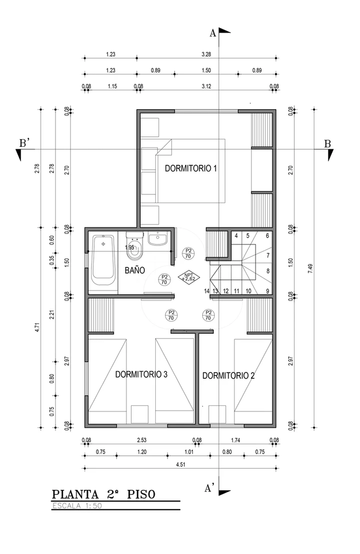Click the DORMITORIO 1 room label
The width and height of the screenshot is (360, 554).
(x=191, y=168)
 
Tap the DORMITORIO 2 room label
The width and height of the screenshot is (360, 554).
(x=228, y=376)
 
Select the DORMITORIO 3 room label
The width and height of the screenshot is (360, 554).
(x=141, y=374)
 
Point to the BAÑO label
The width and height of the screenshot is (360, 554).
(x=135, y=270)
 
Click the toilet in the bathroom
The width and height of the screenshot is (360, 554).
(x=135, y=244)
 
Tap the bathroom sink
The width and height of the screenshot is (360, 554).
(x=158, y=238)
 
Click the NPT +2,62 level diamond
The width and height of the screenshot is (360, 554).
(x=189, y=276)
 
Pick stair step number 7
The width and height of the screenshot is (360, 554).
(x=268, y=255)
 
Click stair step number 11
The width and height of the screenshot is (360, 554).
(x=237, y=291)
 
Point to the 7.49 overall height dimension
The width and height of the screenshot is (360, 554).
(x=310, y=268)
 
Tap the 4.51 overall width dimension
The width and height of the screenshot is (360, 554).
(x=181, y=464)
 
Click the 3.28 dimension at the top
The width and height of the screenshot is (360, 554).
(x=206, y=55)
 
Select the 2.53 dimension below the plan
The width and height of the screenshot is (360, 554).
(x=142, y=440)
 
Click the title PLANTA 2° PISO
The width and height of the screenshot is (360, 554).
(x=104, y=494)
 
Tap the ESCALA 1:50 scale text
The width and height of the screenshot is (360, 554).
(x=77, y=505)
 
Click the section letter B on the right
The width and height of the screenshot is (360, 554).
(x=327, y=144)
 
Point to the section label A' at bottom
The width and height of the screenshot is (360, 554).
(x=209, y=488)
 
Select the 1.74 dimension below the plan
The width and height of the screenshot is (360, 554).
(x=236, y=440)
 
